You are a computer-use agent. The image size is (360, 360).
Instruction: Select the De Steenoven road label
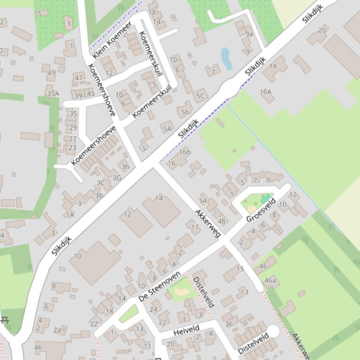coord(160,285)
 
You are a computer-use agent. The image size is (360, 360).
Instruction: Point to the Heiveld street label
coord(186,331)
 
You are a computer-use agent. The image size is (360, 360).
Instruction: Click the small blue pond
coord(226,58)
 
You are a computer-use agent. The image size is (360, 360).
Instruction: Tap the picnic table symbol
coord(5,320)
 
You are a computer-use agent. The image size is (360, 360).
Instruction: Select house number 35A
coord(53,94)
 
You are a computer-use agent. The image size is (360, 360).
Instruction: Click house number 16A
coord(265,92)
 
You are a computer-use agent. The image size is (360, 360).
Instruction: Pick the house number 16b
coord(185,152)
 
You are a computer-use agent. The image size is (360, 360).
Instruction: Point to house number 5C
coord(200,96)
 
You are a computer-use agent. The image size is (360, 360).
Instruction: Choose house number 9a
coord(249,34)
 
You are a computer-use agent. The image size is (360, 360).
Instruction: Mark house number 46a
coord(270,281)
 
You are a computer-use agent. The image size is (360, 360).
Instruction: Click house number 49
coord(51,73)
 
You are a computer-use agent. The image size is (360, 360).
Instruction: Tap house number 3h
coord(125,167)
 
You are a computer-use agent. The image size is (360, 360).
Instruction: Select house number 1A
coord(70,215)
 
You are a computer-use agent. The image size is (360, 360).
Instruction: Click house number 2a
coord(57,330)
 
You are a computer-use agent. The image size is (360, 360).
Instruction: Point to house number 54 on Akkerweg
coord(203,201)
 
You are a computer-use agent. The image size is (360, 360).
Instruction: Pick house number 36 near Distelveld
coord(228,324)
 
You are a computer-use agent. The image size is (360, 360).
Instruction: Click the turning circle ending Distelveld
coord(273,331)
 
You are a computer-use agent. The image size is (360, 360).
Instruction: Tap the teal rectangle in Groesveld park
coord(265,199)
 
